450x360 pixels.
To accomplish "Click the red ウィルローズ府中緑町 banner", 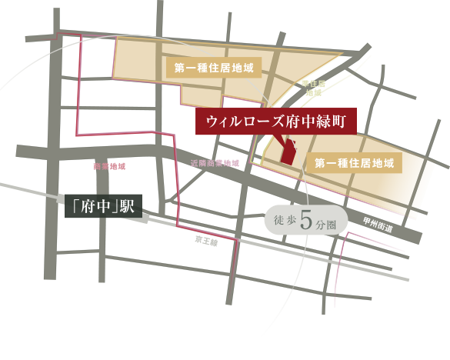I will tap(276, 122).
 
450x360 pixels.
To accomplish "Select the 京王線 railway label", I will tap(205, 242).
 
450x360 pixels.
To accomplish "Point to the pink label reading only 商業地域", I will tap(108, 166).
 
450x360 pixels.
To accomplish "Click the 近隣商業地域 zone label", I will tap(215, 163).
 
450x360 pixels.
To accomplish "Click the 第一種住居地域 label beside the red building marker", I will tap(355, 163).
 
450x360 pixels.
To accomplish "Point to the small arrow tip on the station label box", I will tap(146, 218).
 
